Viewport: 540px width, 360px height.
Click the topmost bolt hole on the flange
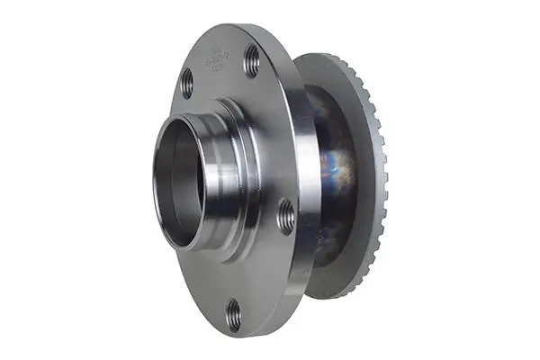(252, 61)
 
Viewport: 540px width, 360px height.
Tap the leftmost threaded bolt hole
(187, 83)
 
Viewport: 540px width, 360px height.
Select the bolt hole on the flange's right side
(286, 217)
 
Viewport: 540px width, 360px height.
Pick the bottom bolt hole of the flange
(233, 314)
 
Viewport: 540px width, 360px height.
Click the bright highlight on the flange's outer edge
(307, 180)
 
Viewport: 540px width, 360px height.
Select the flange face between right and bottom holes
(270, 270)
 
